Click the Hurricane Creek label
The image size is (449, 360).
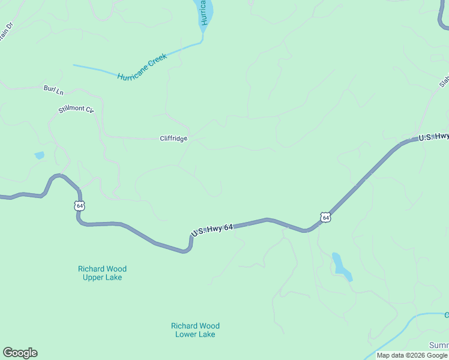point(142,68)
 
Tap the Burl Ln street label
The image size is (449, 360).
point(53,89)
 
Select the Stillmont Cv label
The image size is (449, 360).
point(76,110)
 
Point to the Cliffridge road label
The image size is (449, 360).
point(173,139)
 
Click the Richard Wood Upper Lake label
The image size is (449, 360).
point(102,273)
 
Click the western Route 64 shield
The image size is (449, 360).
point(80,206)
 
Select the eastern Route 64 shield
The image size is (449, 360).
point(325,217)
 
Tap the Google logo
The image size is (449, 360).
point(20,353)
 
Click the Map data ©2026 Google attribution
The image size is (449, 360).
point(412,355)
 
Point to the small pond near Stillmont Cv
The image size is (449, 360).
point(39,155)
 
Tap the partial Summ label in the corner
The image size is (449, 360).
point(439,345)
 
